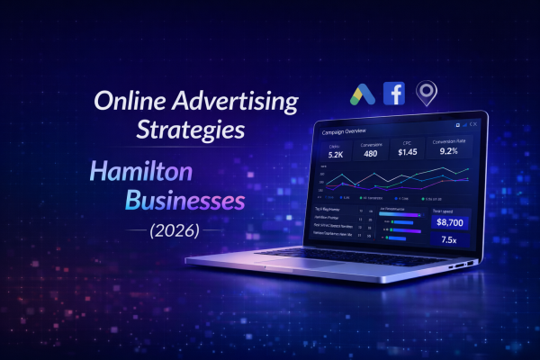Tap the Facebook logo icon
(x=394, y=93)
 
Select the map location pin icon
(x=426, y=93)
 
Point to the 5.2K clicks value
(x=336, y=155)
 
